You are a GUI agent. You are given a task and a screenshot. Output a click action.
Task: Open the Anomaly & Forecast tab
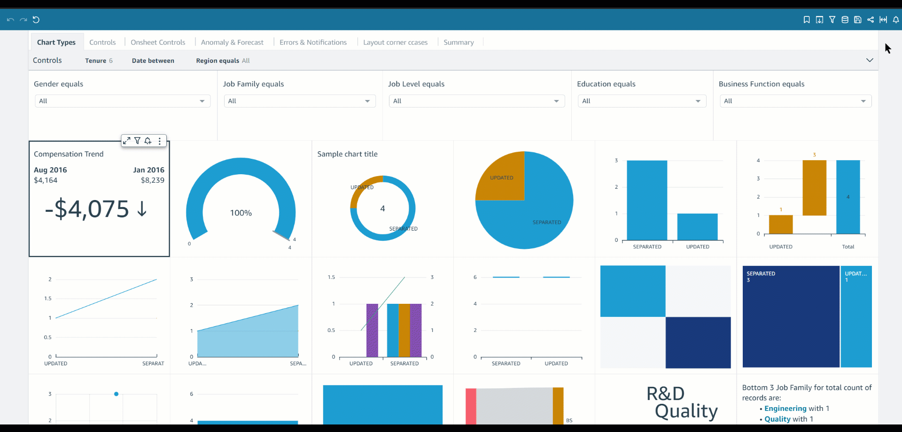coord(232,42)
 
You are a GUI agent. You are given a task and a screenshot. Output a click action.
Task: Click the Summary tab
coord(459,42)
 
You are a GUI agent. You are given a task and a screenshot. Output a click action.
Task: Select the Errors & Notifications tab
coord(313,42)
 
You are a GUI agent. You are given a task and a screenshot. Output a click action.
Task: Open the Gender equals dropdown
coord(122,101)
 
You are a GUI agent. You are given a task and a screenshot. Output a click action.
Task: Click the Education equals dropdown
coord(642,101)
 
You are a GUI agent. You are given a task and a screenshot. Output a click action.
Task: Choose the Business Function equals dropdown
coord(795,101)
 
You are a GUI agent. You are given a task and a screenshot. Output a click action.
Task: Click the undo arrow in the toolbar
coord(10,20)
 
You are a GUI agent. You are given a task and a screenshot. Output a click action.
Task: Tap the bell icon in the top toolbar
coord(896,20)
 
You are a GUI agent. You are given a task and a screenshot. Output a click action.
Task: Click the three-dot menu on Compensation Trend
coord(160,141)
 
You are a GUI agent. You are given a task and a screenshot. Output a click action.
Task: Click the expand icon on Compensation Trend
coord(126,141)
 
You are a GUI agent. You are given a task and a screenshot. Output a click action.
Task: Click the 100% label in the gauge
coord(241,213)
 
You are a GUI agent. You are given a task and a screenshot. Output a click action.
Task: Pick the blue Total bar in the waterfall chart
coord(848,197)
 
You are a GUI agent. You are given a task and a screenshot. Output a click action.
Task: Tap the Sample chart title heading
coord(347,154)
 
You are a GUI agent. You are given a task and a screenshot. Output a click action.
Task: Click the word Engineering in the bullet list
coord(785,409)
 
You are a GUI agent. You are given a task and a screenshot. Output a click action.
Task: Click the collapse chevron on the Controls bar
coord(870,60)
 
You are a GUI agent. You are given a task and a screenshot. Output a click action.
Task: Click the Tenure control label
coord(95,61)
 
